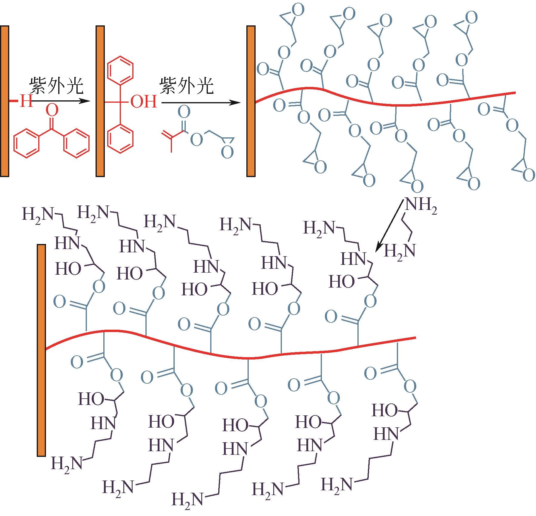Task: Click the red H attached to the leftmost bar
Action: point(26,102)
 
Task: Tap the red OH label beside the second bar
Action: point(144,102)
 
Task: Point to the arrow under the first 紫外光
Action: point(60,102)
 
